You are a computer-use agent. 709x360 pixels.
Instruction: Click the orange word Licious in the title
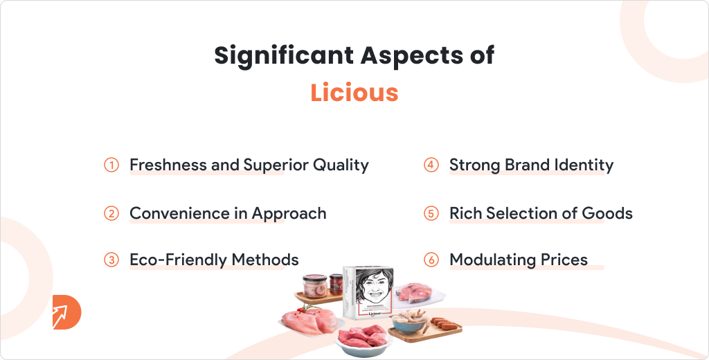point(354,92)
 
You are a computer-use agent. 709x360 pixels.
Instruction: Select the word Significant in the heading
point(284,56)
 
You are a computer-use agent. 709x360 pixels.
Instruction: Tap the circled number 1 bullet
point(111,165)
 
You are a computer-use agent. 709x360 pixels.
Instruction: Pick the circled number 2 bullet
point(111,213)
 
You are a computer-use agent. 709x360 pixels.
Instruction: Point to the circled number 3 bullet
point(111,260)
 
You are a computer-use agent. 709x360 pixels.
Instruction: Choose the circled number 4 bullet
point(431,165)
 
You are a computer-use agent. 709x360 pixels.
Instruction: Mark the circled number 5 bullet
point(431,213)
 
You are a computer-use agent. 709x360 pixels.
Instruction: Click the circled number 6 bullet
point(431,260)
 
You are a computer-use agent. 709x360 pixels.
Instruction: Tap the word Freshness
point(168,165)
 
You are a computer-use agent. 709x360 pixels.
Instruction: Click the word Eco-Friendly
point(178,260)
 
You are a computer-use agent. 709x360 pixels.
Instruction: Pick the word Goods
point(607,213)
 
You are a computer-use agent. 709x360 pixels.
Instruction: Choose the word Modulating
point(492,260)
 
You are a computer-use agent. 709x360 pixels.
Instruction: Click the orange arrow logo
point(66,312)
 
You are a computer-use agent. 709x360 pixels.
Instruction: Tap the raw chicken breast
point(309,321)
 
